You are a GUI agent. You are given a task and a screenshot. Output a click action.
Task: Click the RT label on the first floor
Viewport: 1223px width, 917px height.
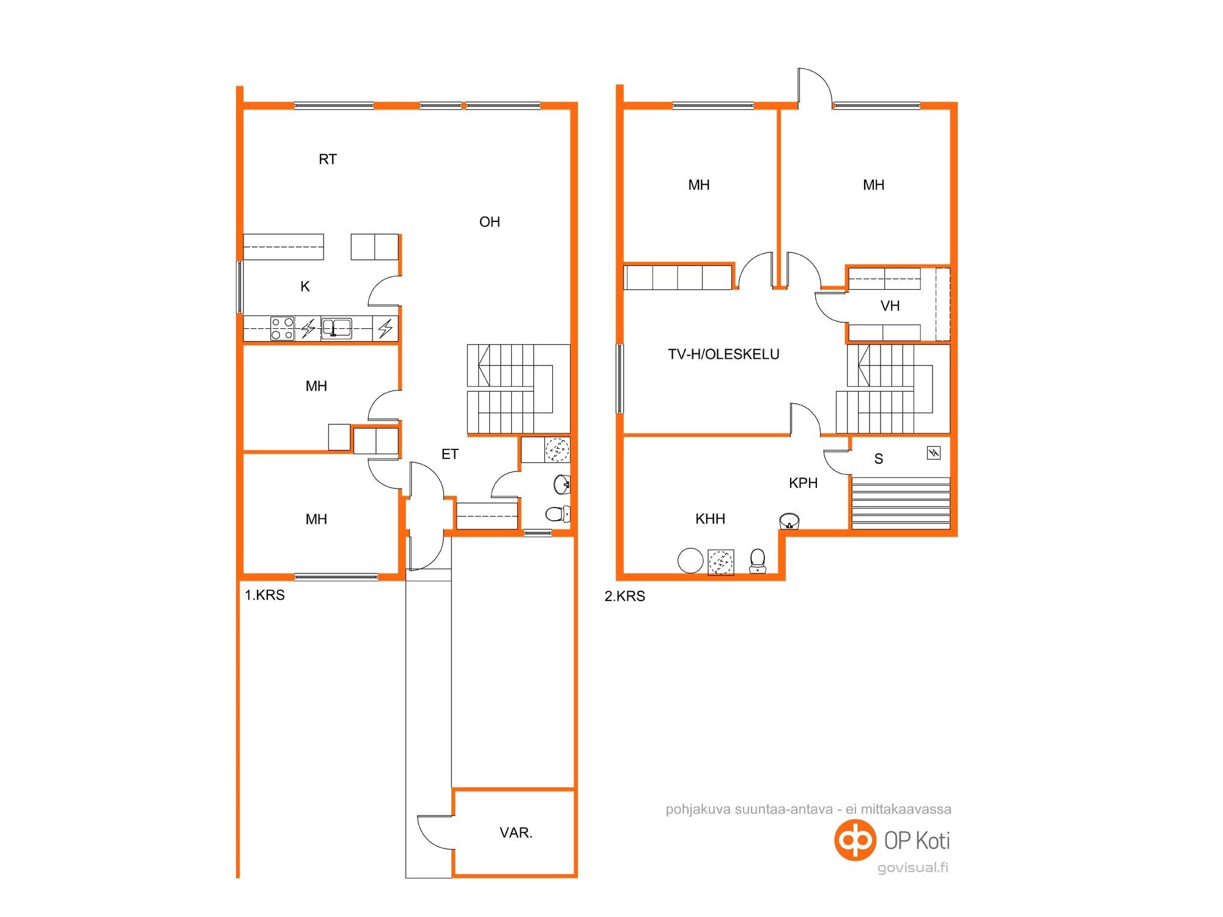[x=328, y=160]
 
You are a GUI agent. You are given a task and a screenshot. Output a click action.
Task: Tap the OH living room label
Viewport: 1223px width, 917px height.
[x=490, y=222]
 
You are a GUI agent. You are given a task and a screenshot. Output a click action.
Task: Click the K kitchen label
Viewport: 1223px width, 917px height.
[x=305, y=286]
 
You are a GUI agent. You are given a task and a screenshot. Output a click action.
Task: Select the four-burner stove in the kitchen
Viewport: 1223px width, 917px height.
[x=283, y=328]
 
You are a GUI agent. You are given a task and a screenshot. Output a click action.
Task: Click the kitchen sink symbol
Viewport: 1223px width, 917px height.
[x=336, y=328]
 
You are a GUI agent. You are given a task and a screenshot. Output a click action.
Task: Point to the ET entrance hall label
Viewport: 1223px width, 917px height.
[x=450, y=454]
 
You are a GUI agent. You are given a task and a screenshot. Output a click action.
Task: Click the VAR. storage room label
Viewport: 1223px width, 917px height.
[x=516, y=833]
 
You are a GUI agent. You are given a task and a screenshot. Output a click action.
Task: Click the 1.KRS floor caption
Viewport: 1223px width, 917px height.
[x=265, y=595]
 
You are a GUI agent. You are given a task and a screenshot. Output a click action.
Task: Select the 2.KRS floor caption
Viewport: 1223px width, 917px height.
[x=625, y=597]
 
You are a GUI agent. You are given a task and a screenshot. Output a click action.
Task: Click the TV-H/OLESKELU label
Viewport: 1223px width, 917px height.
[x=724, y=355]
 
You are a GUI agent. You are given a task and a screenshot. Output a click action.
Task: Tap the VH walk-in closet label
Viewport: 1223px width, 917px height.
[x=890, y=306]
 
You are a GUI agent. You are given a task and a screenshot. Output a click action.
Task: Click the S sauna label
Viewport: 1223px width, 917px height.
[x=879, y=459]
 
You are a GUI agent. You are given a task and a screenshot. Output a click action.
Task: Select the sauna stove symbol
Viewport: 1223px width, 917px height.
[x=934, y=453]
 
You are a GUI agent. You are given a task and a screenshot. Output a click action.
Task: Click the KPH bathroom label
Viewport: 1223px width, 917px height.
[x=804, y=483]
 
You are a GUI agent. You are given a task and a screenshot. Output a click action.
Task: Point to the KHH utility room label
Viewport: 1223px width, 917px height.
[x=711, y=519]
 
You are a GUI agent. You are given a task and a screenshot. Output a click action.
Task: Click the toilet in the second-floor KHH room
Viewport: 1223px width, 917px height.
[x=758, y=561]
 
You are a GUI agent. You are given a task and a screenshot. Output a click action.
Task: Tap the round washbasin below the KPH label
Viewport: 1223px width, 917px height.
[x=789, y=521]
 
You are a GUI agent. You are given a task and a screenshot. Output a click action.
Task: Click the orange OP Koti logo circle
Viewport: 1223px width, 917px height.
[x=855, y=841]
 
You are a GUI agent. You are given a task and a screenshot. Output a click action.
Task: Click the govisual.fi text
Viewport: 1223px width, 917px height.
[x=913, y=868]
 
